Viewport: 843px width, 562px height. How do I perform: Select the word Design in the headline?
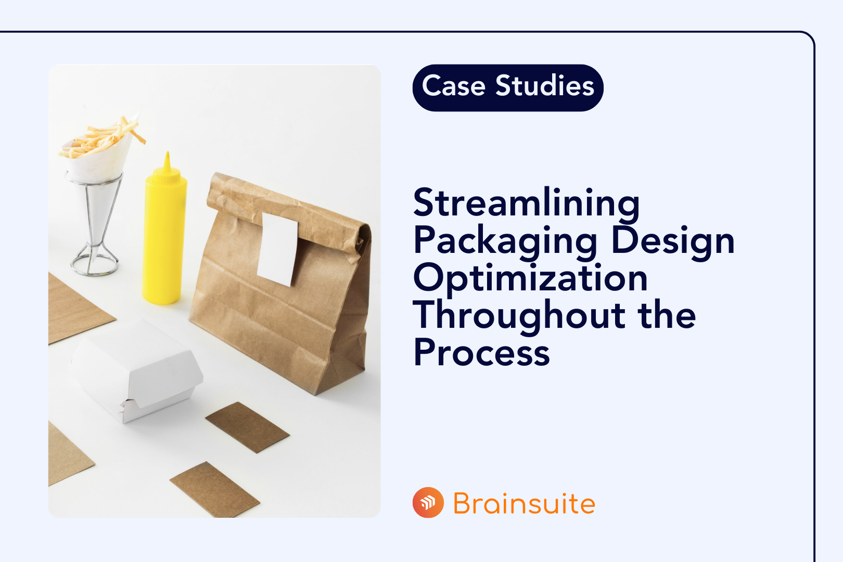[673, 241]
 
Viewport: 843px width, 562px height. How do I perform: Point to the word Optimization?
[530, 278]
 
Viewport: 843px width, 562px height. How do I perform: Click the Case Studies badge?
[508, 88]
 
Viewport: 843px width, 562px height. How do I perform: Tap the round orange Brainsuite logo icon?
[428, 503]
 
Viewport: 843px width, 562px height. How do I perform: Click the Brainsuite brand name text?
[524, 503]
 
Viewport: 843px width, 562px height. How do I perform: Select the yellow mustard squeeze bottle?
[164, 233]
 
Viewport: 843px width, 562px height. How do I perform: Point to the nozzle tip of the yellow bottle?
[167, 154]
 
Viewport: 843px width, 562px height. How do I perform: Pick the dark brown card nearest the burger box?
[248, 427]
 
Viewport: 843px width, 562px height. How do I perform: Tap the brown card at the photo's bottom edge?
[215, 490]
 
